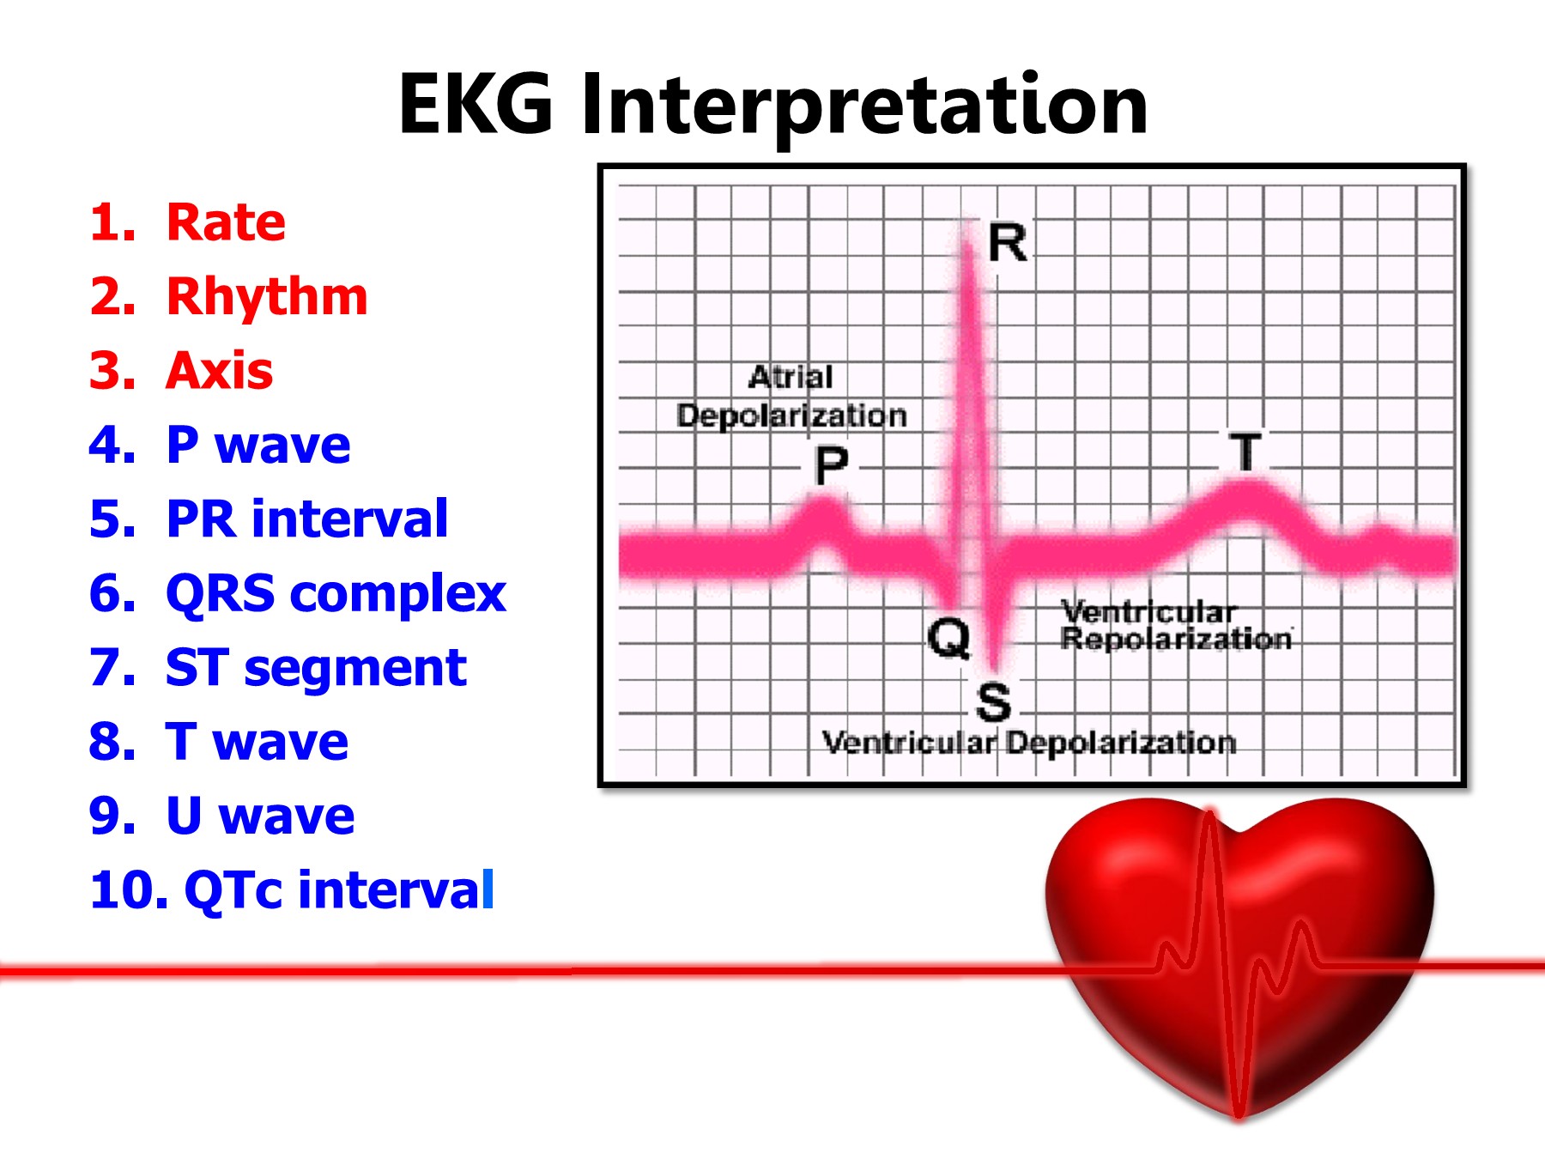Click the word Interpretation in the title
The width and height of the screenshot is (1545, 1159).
tap(864, 105)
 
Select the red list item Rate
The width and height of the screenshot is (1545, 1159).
tap(225, 222)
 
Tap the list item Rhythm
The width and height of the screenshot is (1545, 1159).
tap(266, 297)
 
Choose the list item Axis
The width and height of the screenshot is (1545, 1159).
tap(219, 371)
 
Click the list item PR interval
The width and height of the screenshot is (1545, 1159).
tap(306, 519)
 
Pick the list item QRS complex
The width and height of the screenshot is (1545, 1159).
tap(336, 593)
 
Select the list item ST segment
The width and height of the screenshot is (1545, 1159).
tap(316, 668)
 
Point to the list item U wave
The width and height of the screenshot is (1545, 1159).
tap(259, 816)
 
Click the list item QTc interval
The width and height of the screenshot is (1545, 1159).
tap(338, 889)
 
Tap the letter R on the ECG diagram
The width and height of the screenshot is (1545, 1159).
tap(1008, 243)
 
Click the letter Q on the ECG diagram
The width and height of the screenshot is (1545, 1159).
tap(948, 638)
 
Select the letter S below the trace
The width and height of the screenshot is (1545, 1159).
tap(993, 702)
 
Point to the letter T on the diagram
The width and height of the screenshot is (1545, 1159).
tap(1245, 452)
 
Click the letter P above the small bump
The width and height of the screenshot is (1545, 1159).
tap(831, 465)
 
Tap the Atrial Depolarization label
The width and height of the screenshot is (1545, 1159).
tap(791, 397)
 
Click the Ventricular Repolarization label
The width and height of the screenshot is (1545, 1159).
tap(1175, 626)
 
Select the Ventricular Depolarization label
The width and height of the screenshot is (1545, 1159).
tap(1028, 743)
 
